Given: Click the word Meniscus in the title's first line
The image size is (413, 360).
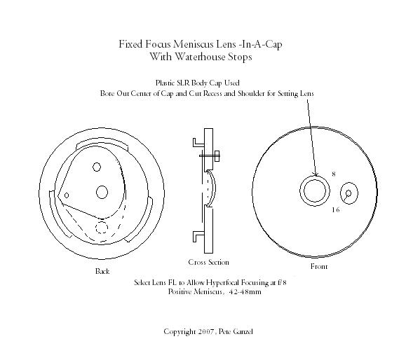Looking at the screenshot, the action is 193,44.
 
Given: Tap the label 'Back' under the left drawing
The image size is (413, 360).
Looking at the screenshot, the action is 102,271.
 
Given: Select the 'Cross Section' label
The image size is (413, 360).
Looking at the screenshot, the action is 209,262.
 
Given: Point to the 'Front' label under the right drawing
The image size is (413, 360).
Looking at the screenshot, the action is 319,267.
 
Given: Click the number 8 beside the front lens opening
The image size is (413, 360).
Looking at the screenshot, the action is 334,174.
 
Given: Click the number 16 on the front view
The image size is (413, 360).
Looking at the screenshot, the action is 336,209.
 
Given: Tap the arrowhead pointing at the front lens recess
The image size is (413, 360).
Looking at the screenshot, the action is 316,174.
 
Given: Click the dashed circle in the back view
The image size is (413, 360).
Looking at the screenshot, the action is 102,228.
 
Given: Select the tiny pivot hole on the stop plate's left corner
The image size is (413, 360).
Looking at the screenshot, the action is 67,195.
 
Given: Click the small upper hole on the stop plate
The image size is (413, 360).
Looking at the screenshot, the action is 97,167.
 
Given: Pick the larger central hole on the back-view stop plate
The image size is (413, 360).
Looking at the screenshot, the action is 102,192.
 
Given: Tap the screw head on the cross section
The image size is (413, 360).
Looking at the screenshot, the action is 217,156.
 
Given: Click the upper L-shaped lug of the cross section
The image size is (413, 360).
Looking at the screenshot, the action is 198,142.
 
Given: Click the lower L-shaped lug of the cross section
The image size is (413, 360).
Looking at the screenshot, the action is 198,236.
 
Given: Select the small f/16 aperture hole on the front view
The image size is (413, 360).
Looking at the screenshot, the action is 348,193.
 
